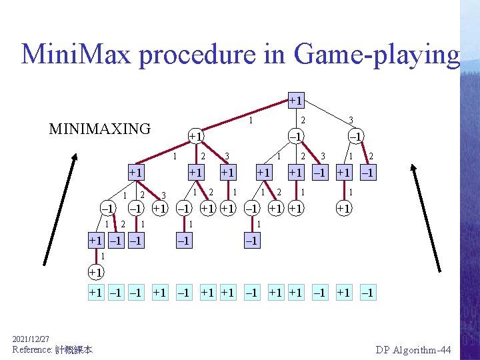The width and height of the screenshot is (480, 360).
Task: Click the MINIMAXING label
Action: click(100, 129)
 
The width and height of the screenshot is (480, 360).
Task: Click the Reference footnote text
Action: click(52, 349)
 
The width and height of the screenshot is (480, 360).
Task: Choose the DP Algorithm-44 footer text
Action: click(413, 349)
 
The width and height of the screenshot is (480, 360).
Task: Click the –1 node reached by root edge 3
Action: click(357, 136)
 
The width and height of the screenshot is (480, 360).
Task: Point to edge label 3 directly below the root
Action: click(351, 121)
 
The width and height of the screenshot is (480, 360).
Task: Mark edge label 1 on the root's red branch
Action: click(250, 121)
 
